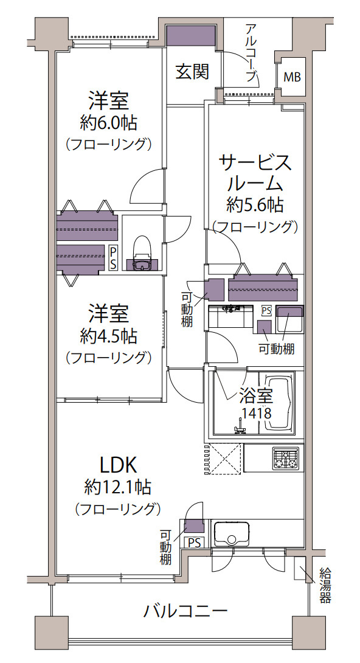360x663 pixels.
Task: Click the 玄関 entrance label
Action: point(192,72)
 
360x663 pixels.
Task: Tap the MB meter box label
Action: point(292,77)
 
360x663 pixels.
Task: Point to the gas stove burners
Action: point(286,459)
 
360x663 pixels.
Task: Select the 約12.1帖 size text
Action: point(118,488)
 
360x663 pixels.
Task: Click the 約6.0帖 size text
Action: point(109,123)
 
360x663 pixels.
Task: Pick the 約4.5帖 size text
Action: point(109,336)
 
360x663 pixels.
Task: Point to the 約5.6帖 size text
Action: point(255,205)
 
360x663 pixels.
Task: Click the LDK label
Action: point(118,465)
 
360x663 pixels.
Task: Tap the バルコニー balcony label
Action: point(186,611)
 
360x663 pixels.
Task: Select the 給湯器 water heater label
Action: point(325,585)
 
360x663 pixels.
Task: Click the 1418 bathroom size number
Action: point(257,412)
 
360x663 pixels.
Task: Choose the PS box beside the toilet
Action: point(113,259)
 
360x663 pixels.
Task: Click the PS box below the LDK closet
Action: point(195,542)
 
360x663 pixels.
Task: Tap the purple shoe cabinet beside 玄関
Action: point(192,35)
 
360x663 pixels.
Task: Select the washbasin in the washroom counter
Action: point(230,316)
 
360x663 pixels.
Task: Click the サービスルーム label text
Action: point(255,173)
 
